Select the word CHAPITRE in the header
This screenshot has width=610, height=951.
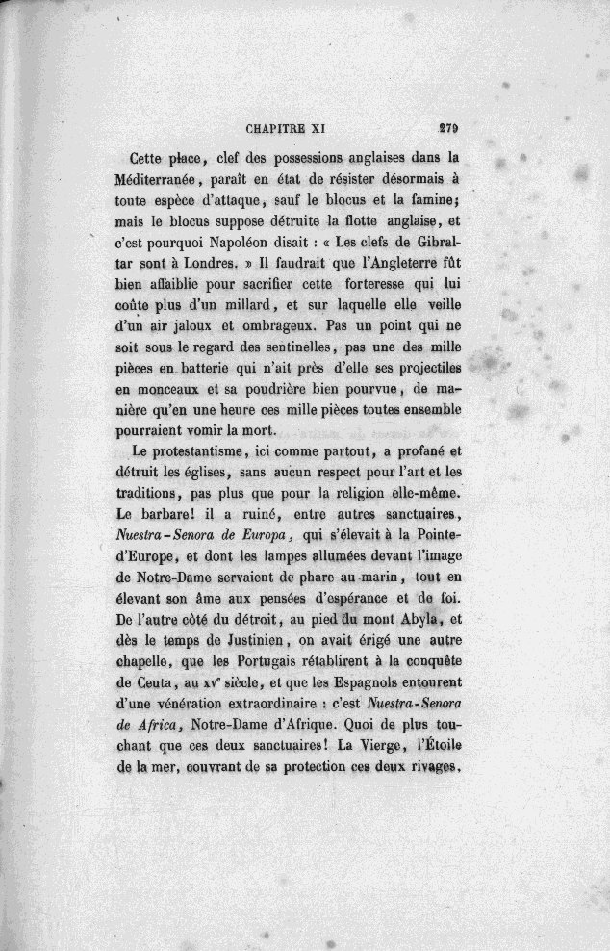[276, 125]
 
